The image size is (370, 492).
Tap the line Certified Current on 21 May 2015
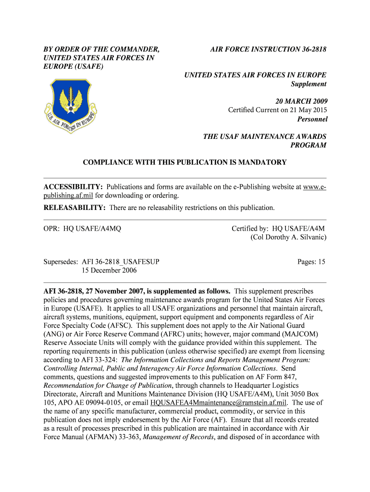click(277, 110)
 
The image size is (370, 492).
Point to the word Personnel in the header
click(312, 119)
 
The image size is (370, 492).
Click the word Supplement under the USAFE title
click(308, 84)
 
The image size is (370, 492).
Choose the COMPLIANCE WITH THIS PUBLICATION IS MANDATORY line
click(185, 162)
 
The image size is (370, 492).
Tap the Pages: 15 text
click(311, 262)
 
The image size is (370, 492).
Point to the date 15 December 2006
click(109, 271)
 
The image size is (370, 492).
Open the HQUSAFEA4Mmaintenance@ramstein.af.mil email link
click(219, 403)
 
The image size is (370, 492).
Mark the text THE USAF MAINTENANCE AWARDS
click(265, 136)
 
